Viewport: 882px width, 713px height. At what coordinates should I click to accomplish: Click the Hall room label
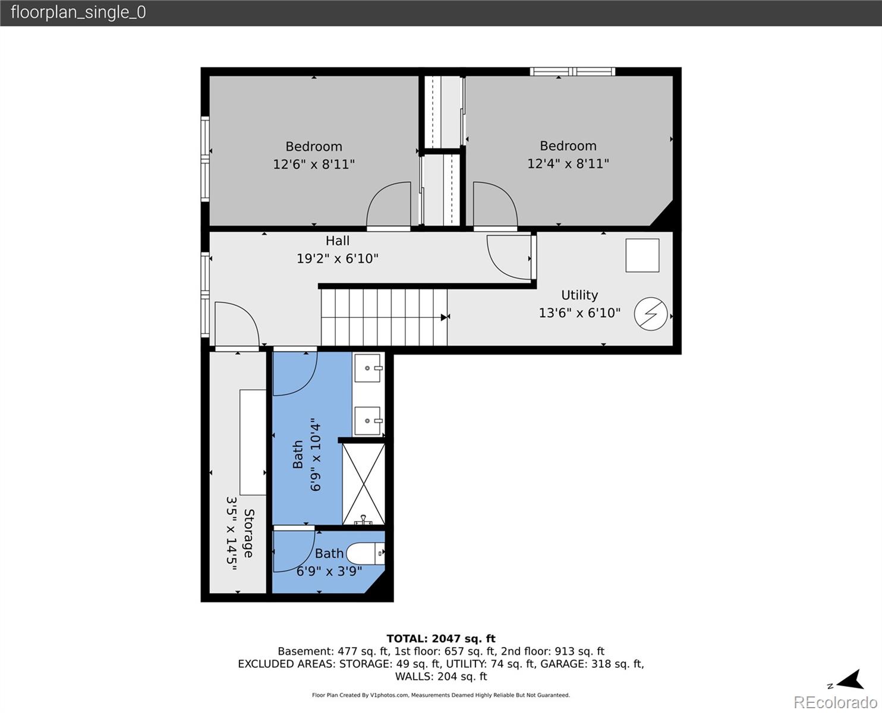337,241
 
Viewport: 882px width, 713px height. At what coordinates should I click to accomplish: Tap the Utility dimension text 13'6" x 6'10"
579,313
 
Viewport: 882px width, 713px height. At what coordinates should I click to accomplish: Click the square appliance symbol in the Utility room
642,255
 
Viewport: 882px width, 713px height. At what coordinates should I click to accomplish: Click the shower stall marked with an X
364,484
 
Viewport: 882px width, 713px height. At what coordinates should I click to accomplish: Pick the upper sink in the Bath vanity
367,368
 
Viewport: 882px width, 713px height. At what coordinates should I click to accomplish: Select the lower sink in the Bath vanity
367,421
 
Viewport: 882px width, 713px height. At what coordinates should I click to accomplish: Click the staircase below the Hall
384,317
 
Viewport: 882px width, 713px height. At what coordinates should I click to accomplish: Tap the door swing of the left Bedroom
389,205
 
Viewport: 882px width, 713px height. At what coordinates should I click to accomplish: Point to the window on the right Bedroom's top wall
572,72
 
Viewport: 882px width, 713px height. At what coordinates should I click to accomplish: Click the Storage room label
248,533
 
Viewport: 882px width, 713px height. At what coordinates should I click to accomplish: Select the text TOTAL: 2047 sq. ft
441,639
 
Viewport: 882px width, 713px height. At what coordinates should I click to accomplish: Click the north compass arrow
850,680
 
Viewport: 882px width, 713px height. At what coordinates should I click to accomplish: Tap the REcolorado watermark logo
836,702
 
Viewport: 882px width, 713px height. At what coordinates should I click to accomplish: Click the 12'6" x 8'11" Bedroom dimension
314,164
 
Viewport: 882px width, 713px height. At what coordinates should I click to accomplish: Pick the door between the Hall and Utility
509,257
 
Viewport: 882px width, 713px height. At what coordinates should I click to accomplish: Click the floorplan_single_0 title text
78,12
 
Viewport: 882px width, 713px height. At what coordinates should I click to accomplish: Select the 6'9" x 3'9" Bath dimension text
329,571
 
